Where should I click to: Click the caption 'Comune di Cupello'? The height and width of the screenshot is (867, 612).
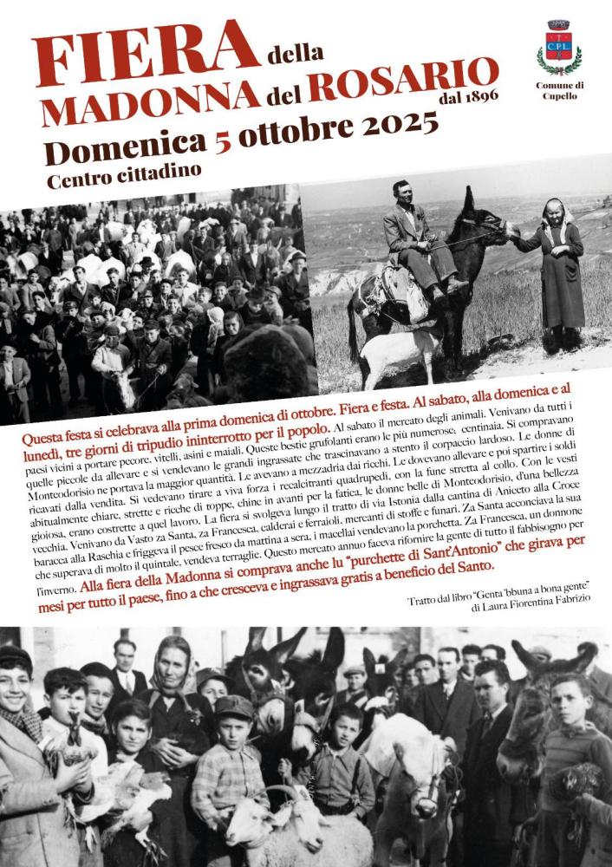[x=559, y=90]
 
